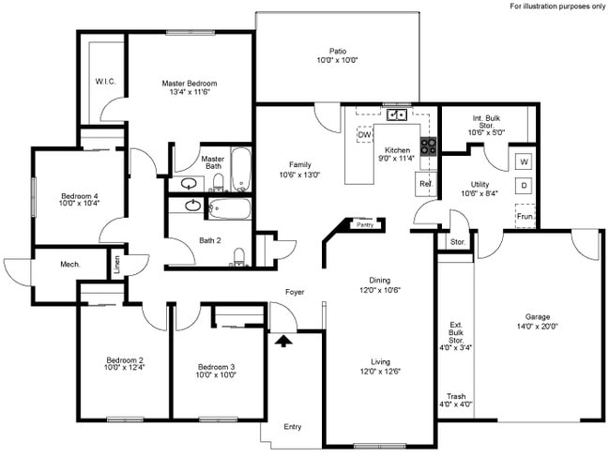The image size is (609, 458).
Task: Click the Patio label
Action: coord(337,52)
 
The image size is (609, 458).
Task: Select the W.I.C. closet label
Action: coord(105,82)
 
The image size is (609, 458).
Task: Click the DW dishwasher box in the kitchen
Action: coord(364,135)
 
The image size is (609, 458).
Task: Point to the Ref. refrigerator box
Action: coord(425,184)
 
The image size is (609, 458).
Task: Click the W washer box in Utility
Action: coord(524,161)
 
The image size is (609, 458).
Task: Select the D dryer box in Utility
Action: coord(524,186)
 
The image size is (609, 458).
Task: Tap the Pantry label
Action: coord(366,225)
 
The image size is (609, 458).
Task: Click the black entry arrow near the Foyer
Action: coord(280,341)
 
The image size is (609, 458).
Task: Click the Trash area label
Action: coord(456,396)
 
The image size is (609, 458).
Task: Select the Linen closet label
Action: coord(117,265)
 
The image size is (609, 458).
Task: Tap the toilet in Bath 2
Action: coord(237,256)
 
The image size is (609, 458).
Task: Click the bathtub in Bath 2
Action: coord(229,207)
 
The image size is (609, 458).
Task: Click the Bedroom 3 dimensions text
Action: coord(217,374)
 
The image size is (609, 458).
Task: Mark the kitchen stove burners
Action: coord(428,146)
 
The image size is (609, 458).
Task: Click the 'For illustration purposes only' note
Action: coord(557,6)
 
